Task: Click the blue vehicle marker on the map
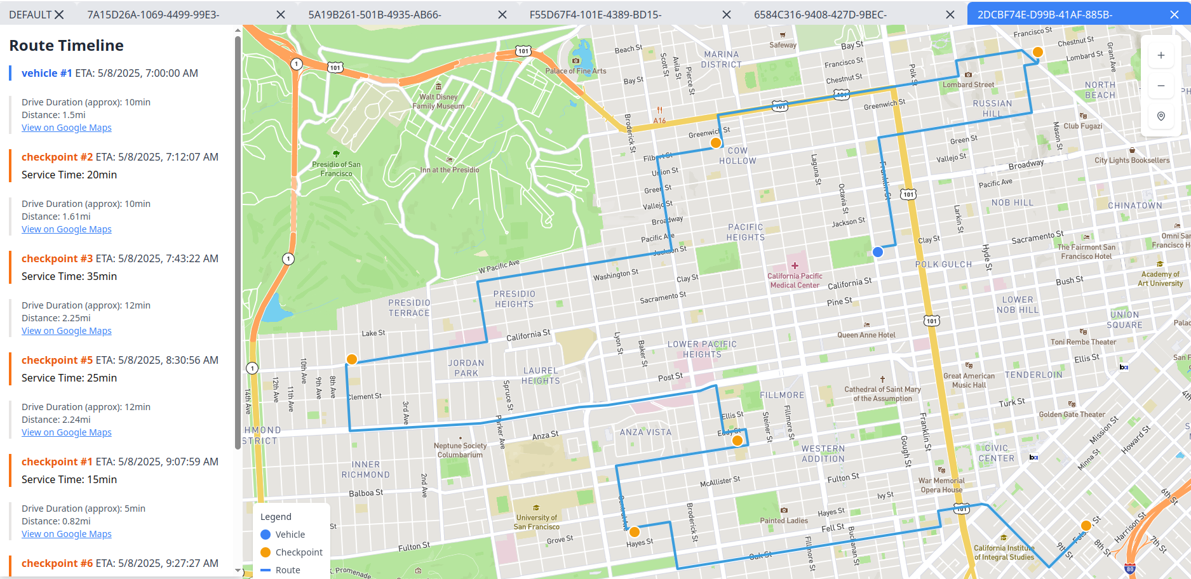(x=878, y=252)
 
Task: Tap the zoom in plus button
(x=1161, y=55)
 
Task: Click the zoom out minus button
(x=1161, y=86)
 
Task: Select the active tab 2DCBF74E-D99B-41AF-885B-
(x=1044, y=15)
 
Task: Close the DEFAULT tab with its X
(x=59, y=15)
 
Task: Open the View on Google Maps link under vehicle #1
(x=67, y=128)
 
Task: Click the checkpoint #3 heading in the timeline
(x=57, y=258)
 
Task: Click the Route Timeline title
(x=67, y=46)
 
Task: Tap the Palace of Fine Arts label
(x=575, y=71)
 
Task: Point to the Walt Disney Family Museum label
(x=438, y=102)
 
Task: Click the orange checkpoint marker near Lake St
(x=351, y=359)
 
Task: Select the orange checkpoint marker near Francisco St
(x=1037, y=52)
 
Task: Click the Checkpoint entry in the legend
(x=299, y=552)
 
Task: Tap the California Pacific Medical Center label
(x=795, y=281)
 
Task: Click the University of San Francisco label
(x=537, y=522)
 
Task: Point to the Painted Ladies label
(x=784, y=521)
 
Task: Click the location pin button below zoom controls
(x=1161, y=116)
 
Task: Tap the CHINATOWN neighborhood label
(x=1134, y=206)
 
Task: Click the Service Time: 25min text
(x=69, y=378)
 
